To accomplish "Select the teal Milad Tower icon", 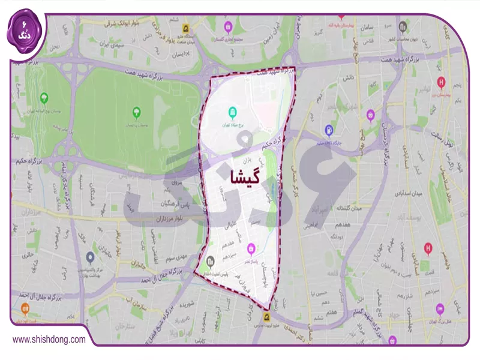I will click(233, 112).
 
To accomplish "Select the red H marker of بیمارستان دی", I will click(442, 83).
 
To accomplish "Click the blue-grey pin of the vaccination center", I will click(90, 258).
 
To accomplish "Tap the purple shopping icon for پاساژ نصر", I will click(251, 247).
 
